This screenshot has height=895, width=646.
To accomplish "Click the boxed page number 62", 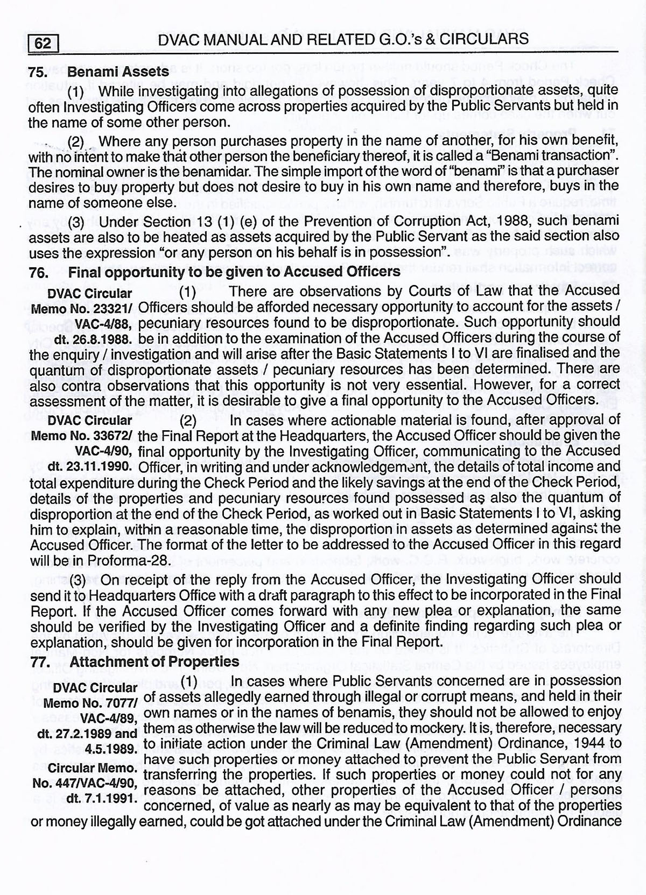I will [43, 42].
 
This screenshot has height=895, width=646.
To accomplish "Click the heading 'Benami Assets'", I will [119, 72].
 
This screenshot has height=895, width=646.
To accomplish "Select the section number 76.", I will [39, 272].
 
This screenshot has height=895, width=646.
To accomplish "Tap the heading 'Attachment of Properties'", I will [155, 661].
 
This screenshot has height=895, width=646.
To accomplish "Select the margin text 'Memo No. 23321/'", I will [83, 309].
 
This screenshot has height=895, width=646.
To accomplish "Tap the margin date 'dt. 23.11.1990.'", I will [90, 466].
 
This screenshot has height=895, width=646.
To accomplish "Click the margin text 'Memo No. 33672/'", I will [83, 436].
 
